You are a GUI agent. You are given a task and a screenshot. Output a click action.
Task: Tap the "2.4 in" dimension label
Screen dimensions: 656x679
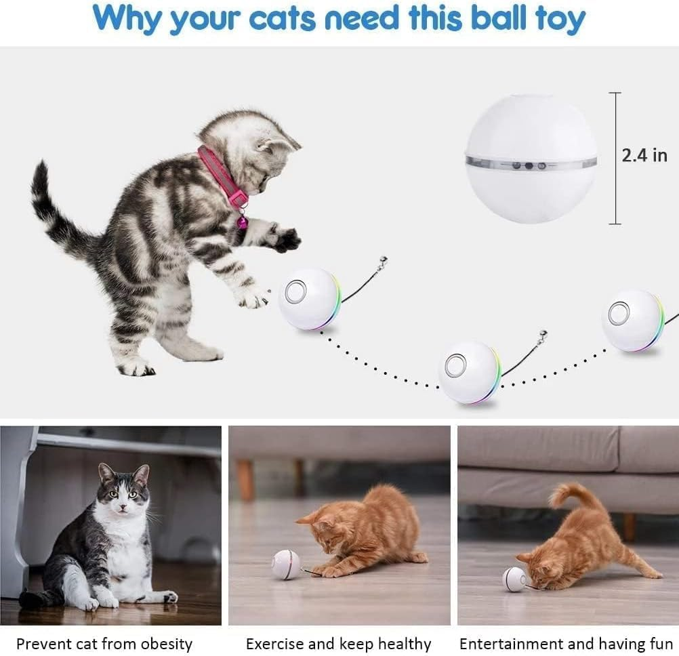pos(644,155)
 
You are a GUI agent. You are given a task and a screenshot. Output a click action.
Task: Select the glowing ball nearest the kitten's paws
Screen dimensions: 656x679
pos(309,298)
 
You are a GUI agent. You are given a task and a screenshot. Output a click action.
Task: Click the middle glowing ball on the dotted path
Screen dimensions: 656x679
pos(470,372)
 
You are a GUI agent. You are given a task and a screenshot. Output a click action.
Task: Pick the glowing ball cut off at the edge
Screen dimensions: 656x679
pos(632,320)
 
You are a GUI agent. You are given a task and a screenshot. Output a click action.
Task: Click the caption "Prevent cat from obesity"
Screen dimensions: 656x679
pos(104,643)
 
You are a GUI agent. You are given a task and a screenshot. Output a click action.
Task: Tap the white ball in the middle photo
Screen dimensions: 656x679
pos(285,564)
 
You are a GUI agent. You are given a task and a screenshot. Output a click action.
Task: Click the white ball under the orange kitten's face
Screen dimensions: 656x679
pos(514,579)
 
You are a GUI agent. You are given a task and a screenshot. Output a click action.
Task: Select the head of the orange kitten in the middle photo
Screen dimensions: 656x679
pos(318,529)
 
